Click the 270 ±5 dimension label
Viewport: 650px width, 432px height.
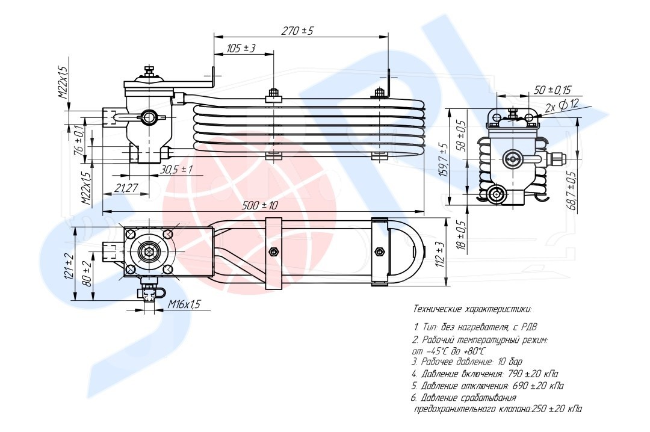[x=298, y=30]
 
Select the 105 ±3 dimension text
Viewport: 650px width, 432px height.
[x=241, y=48]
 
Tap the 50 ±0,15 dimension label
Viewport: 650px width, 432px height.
[x=552, y=89]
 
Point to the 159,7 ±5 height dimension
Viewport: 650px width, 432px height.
[x=444, y=160]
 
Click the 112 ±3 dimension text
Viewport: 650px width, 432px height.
[x=441, y=254]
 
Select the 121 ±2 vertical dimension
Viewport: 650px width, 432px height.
[x=69, y=266]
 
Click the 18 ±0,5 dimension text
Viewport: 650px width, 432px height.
[x=462, y=235]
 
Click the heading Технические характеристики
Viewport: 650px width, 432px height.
[x=472, y=309]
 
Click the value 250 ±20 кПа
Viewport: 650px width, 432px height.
[x=557, y=409]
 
